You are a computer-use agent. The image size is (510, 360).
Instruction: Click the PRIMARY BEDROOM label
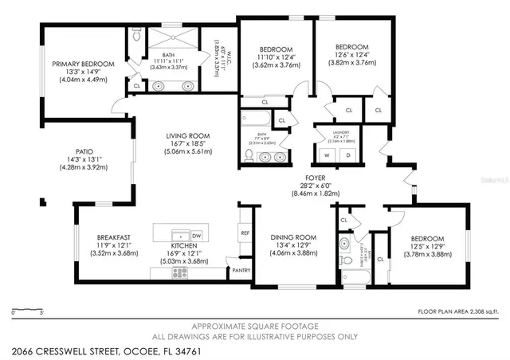click(83, 64)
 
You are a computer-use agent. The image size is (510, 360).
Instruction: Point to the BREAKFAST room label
click(113, 237)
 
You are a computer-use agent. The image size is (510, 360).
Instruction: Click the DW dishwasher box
click(195, 237)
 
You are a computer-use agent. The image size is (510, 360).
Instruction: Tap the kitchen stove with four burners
click(179, 272)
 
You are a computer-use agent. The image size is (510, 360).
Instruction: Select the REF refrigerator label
click(245, 233)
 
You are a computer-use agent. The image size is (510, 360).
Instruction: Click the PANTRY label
click(242, 270)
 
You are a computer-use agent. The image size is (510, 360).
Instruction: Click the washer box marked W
click(328, 155)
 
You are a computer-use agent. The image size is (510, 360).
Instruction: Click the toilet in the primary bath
click(136, 35)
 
